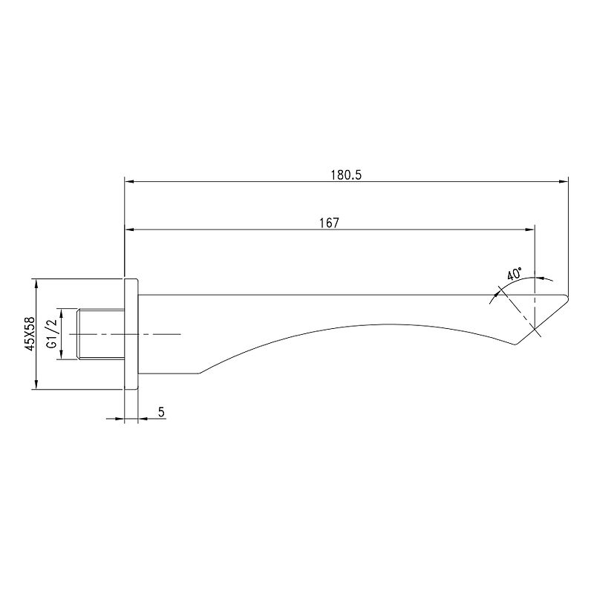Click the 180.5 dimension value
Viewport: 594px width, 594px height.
click(346, 175)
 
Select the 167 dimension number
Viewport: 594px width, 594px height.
click(329, 223)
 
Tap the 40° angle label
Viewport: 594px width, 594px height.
click(515, 273)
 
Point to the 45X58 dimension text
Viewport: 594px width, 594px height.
click(30, 333)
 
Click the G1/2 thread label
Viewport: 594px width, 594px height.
click(52, 333)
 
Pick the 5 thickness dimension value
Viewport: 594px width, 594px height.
click(162, 412)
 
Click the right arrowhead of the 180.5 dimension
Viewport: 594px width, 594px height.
click(564, 181)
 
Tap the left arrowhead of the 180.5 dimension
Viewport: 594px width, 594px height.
click(129, 181)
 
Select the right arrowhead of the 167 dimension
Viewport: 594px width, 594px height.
click(529, 229)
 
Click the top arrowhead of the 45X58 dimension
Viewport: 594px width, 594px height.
click(36, 284)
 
